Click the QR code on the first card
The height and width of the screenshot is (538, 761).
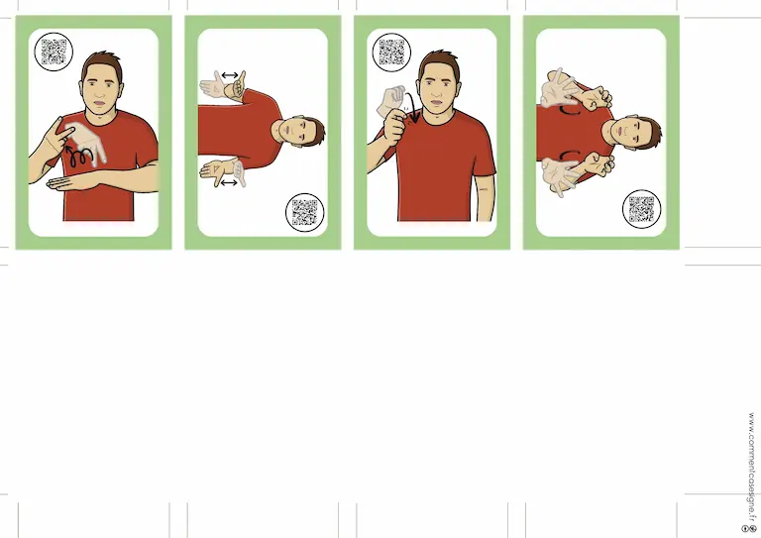(54, 52)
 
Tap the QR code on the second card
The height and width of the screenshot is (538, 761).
(304, 212)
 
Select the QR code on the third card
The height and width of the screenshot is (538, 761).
(391, 52)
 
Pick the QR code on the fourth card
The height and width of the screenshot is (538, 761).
(642, 209)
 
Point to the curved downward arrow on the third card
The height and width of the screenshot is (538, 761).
(412, 108)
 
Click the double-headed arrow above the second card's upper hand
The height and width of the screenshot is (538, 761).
(230, 75)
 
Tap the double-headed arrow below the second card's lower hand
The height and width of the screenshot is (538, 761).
(229, 183)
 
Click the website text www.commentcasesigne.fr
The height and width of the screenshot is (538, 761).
(751, 467)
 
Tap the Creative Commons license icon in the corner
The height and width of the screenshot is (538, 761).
(749, 528)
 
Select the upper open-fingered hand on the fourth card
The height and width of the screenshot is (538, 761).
(562, 90)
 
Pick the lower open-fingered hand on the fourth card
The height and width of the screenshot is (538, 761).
(562, 175)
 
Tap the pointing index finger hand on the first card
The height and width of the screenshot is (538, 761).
(58, 135)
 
